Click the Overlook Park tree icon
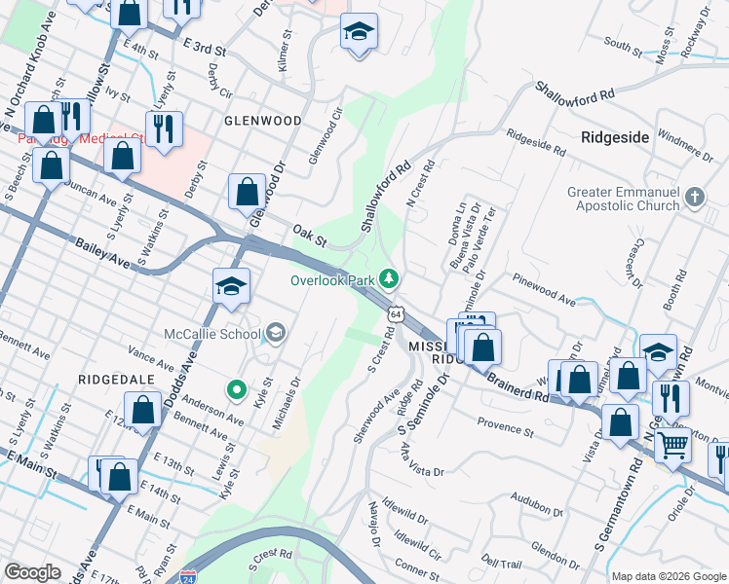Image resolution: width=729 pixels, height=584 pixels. point(390,280)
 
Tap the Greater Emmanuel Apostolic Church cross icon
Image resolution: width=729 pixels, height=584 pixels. point(695,198)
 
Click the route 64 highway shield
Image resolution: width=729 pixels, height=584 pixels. point(395,313)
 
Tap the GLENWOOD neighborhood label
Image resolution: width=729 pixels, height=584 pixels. point(262,121)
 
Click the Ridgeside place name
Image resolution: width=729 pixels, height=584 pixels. point(615,137)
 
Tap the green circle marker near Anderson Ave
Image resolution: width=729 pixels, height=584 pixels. point(236,390)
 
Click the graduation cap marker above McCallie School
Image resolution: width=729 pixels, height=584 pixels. point(231,285)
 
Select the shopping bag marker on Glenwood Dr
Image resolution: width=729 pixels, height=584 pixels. point(248,191)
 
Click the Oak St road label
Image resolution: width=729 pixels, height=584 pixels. point(309,233)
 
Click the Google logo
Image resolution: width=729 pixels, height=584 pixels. point(32,571)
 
